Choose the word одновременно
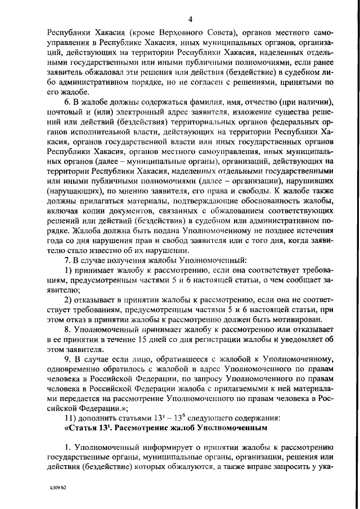(x=74, y=376)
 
